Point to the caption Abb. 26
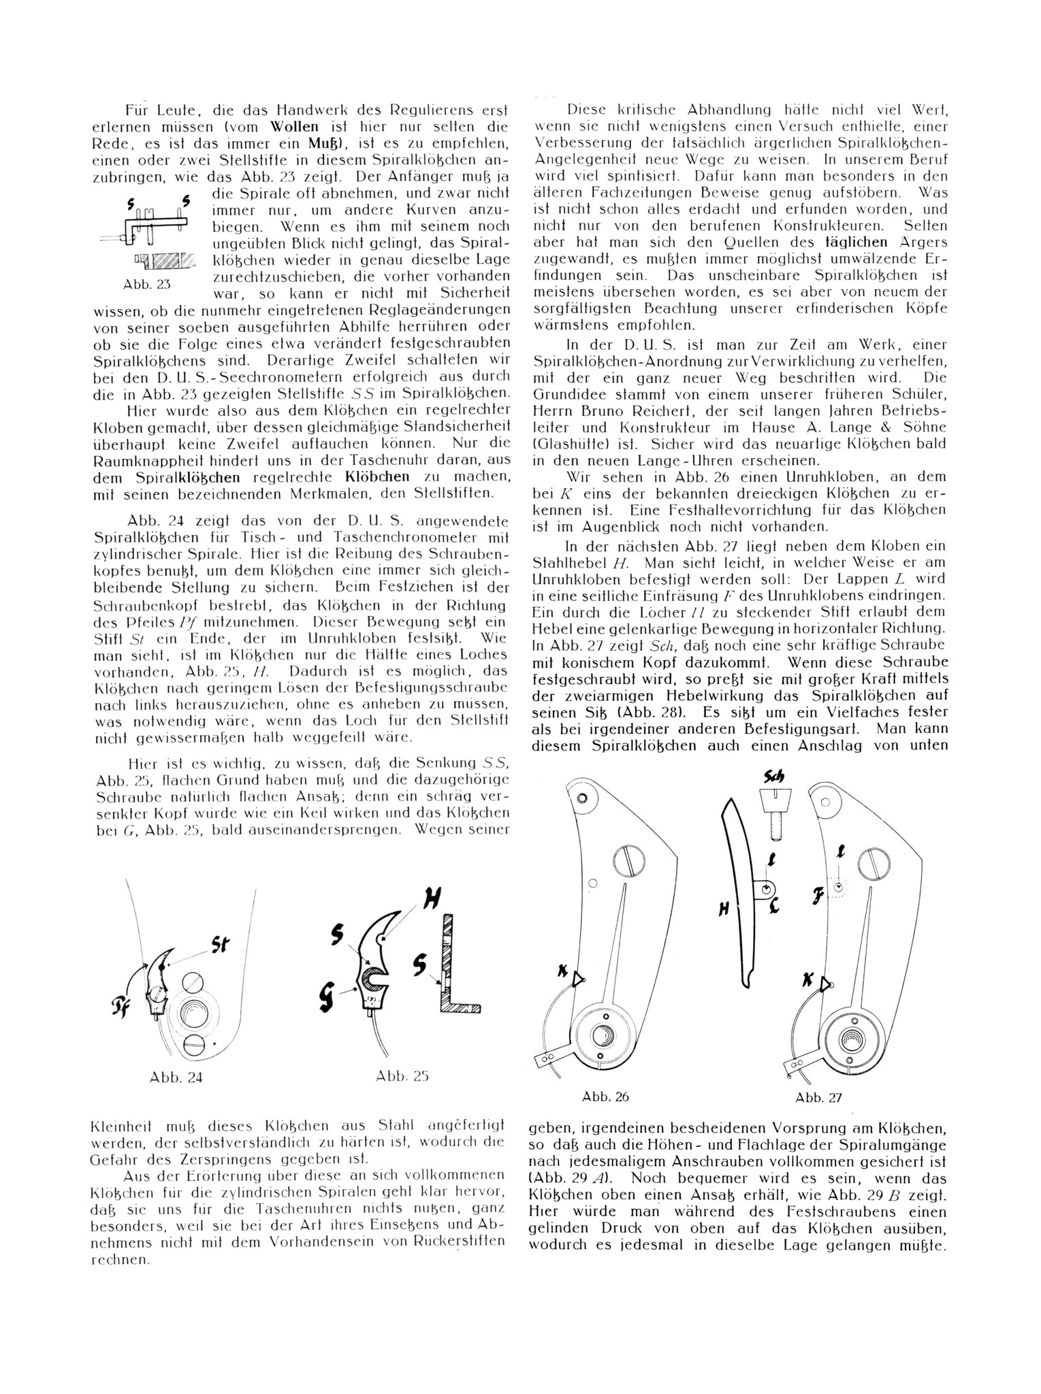[606, 1097]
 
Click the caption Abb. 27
[818, 1097]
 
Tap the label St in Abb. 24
[221, 945]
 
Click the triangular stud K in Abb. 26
[578, 979]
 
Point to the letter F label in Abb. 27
[818, 894]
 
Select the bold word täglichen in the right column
[856, 242]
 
